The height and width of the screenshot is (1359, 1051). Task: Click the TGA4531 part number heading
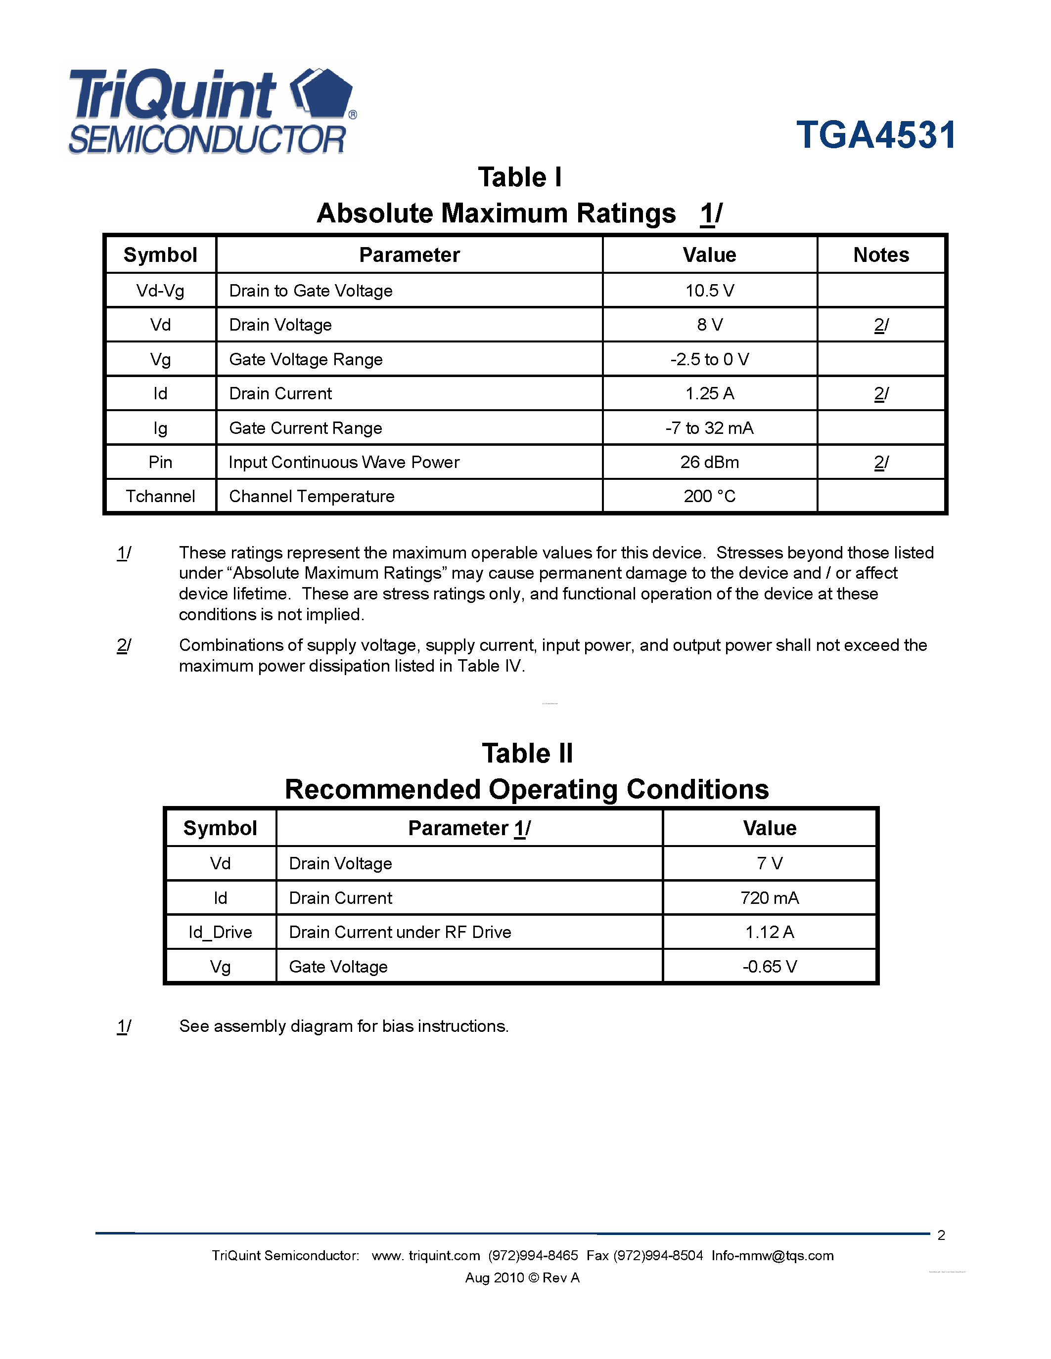click(x=875, y=135)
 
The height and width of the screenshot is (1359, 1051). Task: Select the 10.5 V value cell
click(x=709, y=291)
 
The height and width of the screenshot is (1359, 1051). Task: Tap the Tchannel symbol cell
click(x=160, y=497)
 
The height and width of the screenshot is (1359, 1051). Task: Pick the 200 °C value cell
click(x=709, y=497)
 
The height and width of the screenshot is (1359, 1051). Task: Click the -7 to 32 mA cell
click(x=709, y=428)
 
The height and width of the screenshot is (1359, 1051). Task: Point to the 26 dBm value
click(x=709, y=463)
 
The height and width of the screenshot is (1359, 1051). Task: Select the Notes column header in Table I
click(x=880, y=255)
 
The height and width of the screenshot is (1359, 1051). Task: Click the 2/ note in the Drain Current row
click(x=880, y=394)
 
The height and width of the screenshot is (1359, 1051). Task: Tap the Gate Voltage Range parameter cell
click(x=306, y=360)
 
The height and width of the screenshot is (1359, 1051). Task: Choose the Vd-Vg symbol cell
click(x=160, y=291)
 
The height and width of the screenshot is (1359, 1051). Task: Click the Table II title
click(x=527, y=754)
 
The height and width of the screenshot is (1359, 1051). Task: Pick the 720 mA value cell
click(x=769, y=898)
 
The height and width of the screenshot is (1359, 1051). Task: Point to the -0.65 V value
click(x=769, y=966)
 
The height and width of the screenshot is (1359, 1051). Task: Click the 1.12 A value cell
click(x=769, y=932)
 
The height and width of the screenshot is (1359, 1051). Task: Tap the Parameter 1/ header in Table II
click(x=469, y=828)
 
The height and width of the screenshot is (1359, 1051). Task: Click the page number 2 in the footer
click(x=941, y=1235)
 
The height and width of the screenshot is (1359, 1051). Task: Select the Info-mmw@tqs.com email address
click(x=772, y=1256)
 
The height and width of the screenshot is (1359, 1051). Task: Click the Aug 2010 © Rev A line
click(x=522, y=1277)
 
